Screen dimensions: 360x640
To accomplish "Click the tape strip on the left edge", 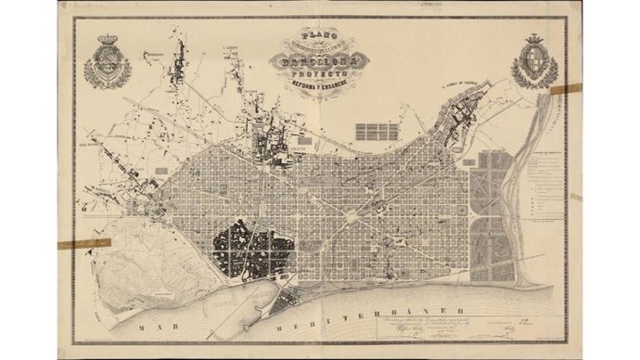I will click(x=83, y=244).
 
